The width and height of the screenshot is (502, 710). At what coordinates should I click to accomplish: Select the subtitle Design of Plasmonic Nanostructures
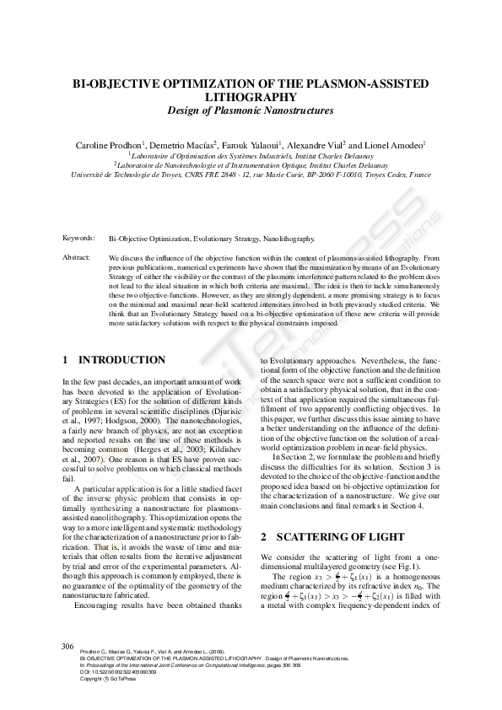251,110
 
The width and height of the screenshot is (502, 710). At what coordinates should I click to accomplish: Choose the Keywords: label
78,239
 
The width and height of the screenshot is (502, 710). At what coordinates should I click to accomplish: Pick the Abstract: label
78,256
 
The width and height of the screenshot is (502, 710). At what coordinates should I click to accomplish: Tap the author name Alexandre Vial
317,145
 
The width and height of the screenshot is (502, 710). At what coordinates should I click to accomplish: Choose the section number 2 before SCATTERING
264,536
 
